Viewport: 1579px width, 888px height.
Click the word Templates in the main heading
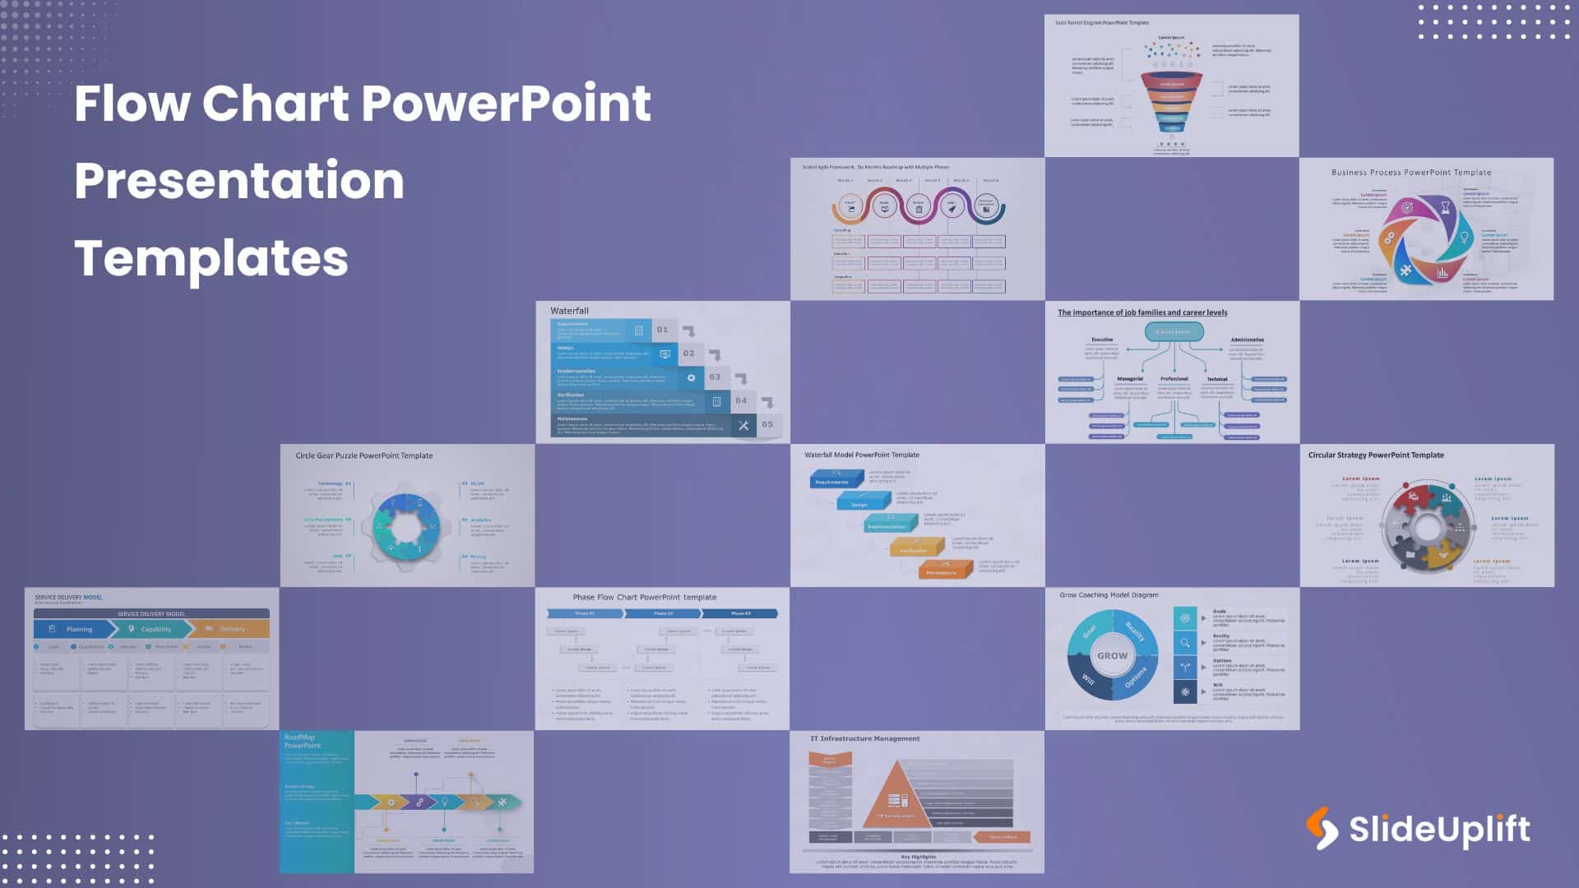tap(211, 258)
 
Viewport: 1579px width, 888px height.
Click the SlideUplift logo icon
tap(1322, 828)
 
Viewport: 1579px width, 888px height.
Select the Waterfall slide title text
tap(569, 311)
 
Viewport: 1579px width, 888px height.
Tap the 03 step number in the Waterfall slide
tap(715, 377)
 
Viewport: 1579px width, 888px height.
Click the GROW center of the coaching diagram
tap(1112, 656)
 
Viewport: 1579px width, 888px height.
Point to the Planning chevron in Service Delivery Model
tap(74, 629)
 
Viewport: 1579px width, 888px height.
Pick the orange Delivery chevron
tap(230, 629)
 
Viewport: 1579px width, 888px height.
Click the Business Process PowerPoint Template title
tap(1410, 173)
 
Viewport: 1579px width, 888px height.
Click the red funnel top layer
tap(1172, 83)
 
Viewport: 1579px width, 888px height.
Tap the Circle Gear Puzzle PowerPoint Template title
tap(363, 456)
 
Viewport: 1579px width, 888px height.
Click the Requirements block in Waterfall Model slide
tap(834, 479)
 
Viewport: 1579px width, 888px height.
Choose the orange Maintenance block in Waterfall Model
tap(943, 570)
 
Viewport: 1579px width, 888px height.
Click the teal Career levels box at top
tap(1174, 332)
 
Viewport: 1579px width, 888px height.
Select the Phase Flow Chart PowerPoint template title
tap(644, 598)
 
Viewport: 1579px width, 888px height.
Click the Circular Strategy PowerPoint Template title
tap(1376, 456)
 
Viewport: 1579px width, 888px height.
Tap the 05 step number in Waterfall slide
tap(767, 425)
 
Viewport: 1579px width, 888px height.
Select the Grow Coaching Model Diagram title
tap(1109, 595)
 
